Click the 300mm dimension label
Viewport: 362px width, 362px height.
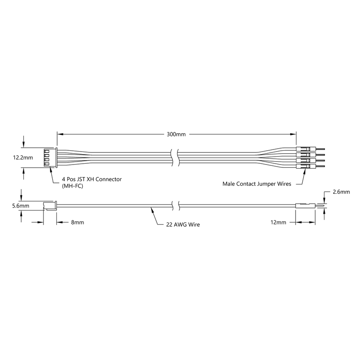pyautogui.click(x=176, y=134)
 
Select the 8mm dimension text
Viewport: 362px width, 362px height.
pyautogui.click(x=78, y=223)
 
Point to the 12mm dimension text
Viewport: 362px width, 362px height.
pyautogui.click(x=278, y=223)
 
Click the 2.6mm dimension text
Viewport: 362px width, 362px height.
pyautogui.click(x=341, y=192)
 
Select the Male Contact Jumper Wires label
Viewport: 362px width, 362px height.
pyautogui.click(x=257, y=183)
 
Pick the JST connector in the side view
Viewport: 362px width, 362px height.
pyautogui.click(x=50, y=205)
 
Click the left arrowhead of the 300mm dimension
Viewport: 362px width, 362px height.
pyautogui.click(x=59, y=134)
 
